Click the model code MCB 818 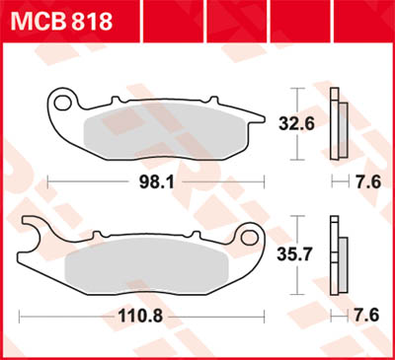60,20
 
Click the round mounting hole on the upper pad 65,102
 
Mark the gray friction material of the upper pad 158,130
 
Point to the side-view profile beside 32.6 339,122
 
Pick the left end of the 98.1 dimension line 48,182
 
